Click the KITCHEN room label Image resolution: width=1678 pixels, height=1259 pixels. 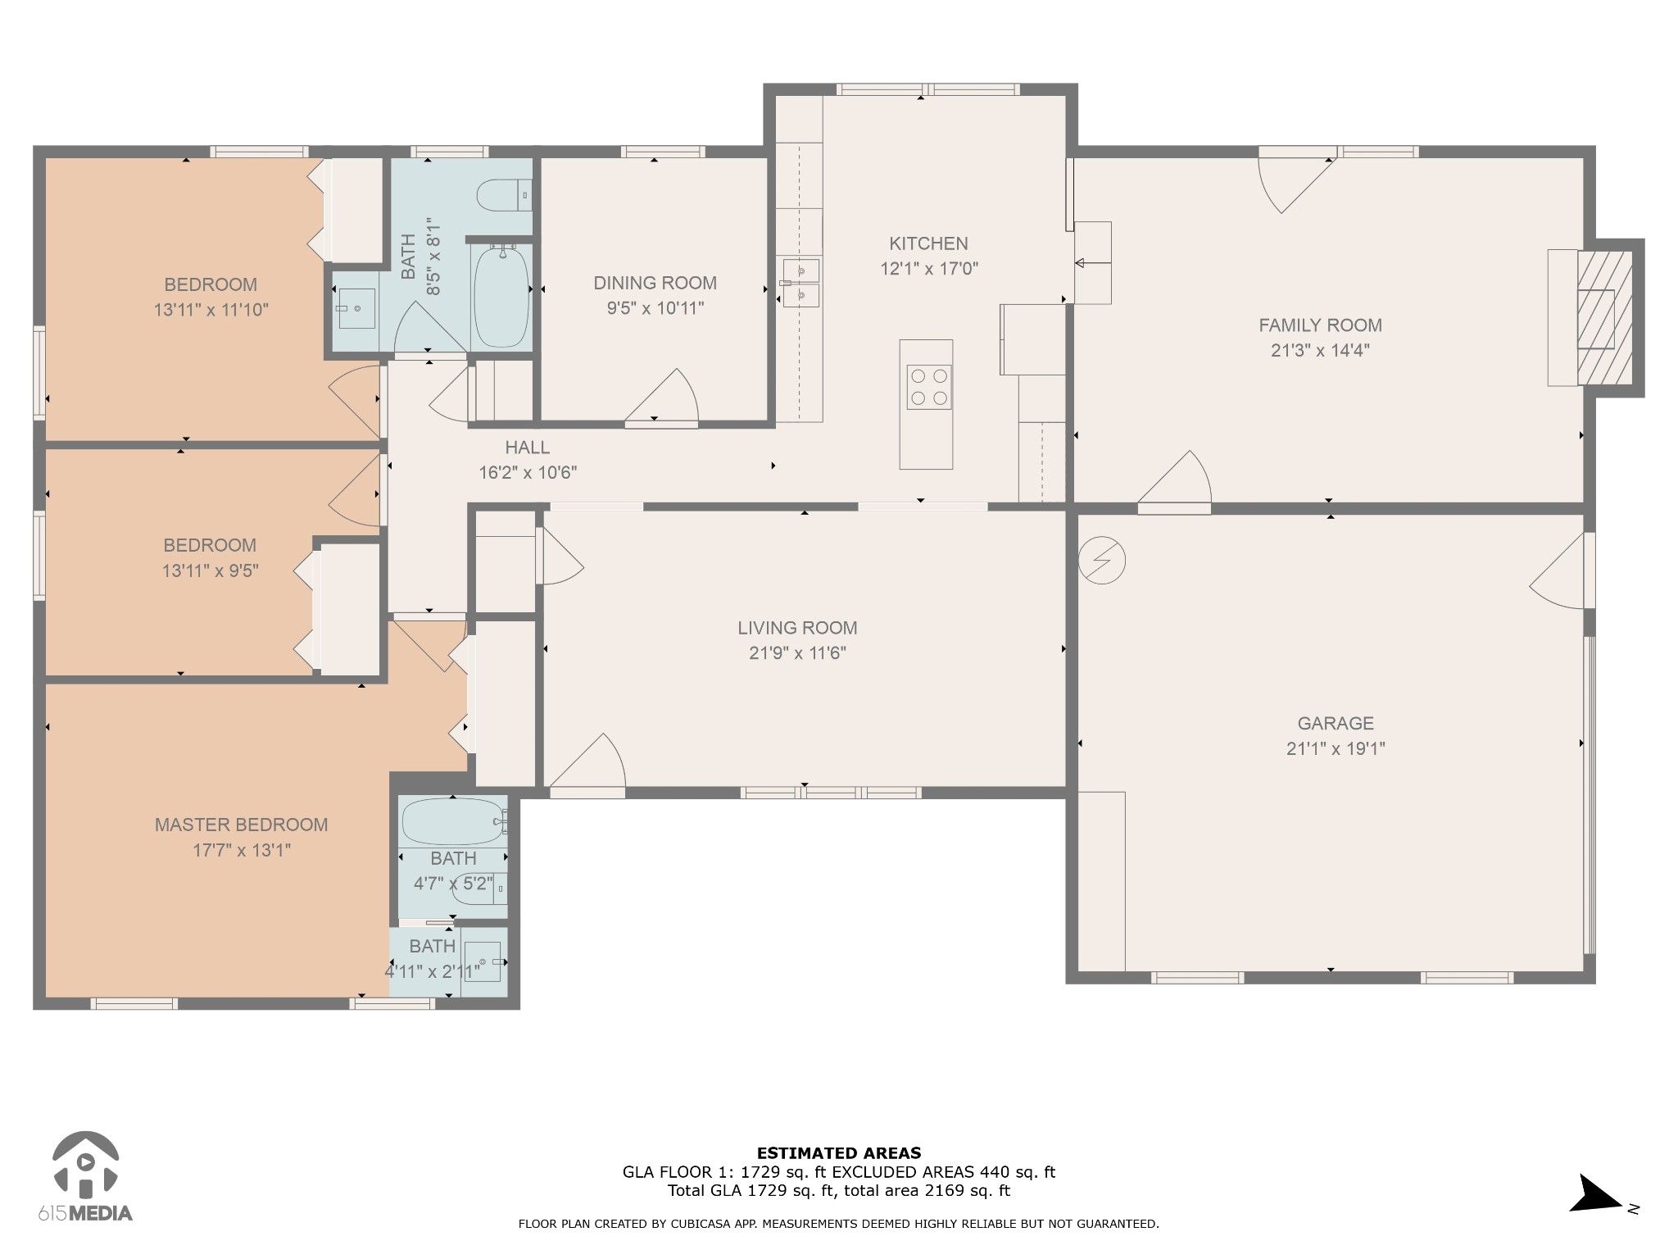coord(928,243)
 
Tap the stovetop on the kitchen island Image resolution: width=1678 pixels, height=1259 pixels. coord(929,387)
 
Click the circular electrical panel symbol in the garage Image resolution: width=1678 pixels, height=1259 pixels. coord(1102,561)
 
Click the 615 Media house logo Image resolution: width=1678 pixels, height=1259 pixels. coord(85,1165)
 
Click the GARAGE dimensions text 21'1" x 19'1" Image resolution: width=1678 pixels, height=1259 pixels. coord(1336,748)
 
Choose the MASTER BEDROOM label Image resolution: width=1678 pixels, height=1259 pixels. coord(241,825)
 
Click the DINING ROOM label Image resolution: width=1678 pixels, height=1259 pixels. coord(655,283)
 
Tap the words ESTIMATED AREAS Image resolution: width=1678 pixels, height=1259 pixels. coord(839,1153)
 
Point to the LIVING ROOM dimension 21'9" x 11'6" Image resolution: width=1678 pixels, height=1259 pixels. coord(797,653)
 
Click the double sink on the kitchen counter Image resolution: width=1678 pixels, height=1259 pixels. coord(800,282)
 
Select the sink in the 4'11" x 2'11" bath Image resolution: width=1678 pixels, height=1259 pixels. coord(483,961)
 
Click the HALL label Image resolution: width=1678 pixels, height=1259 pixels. coord(527,448)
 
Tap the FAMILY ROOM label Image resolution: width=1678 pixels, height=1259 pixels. coord(1320,325)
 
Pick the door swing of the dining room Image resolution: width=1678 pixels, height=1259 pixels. coord(662,398)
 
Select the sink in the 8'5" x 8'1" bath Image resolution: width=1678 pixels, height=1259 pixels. coord(357,308)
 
